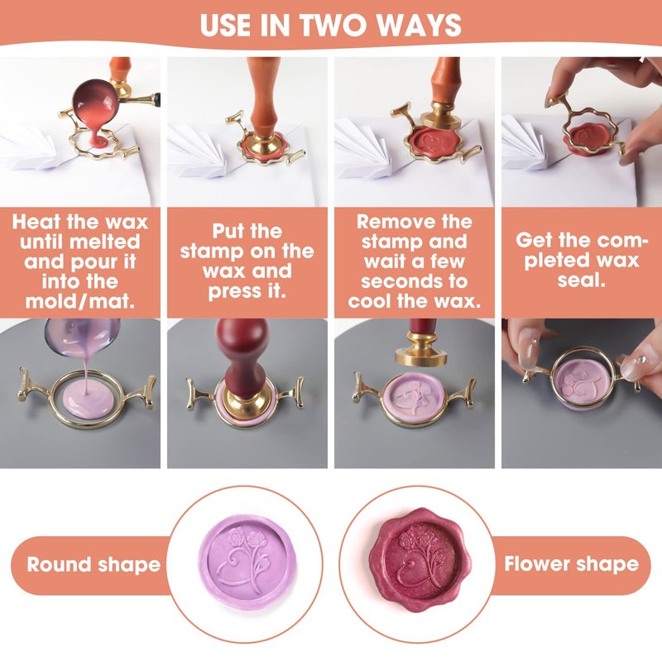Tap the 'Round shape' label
tap(94, 565)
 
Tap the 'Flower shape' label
tap(571, 564)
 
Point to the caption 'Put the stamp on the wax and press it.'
tap(247, 261)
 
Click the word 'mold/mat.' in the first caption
tap(79, 301)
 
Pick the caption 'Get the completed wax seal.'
tap(582, 260)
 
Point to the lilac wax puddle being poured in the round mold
tap(88, 399)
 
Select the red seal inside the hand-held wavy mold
tap(588, 137)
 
